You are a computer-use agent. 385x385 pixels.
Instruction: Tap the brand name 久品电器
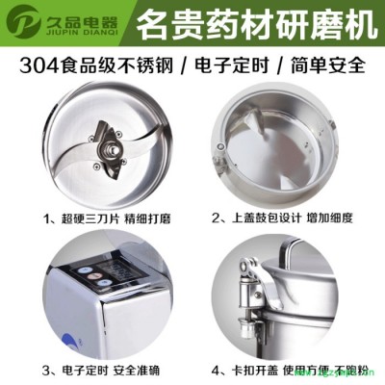[x=79, y=19]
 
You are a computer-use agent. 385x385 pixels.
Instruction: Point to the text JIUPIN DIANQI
[x=80, y=33]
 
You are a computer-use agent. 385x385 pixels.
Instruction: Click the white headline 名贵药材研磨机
[x=256, y=24]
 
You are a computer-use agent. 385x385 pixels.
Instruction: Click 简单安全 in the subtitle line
[x=328, y=64]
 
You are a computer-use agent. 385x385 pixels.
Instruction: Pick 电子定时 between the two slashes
[x=231, y=64]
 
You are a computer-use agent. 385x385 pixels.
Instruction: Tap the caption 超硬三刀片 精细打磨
[x=107, y=218]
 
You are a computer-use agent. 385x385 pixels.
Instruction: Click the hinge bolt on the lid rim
[x=220, y=147]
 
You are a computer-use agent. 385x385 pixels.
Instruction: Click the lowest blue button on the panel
[x=103, y=283]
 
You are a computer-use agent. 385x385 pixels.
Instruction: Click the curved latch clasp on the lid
[x=256, y=280]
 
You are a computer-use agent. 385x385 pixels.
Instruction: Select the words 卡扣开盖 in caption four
[x=255, y=371]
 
